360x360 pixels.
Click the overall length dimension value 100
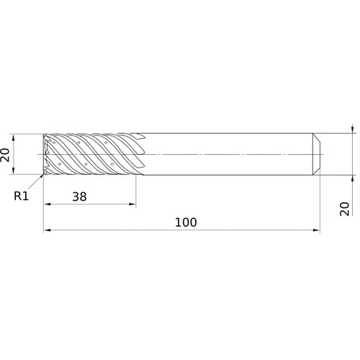click(186, 222)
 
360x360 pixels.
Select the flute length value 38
click(79, 197)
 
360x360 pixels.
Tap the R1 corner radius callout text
click(21, 196)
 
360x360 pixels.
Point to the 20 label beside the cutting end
click(5, 155)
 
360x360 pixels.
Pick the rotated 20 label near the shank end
click(345, 209)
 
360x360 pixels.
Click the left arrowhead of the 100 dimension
click(47, 230)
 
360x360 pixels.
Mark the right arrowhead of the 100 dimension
click(317, 230)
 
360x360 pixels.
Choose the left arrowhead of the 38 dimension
click(48, 204)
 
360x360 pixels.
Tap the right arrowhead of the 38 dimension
click(132, 204)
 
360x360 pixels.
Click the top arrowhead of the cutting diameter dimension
click(13, 138)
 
